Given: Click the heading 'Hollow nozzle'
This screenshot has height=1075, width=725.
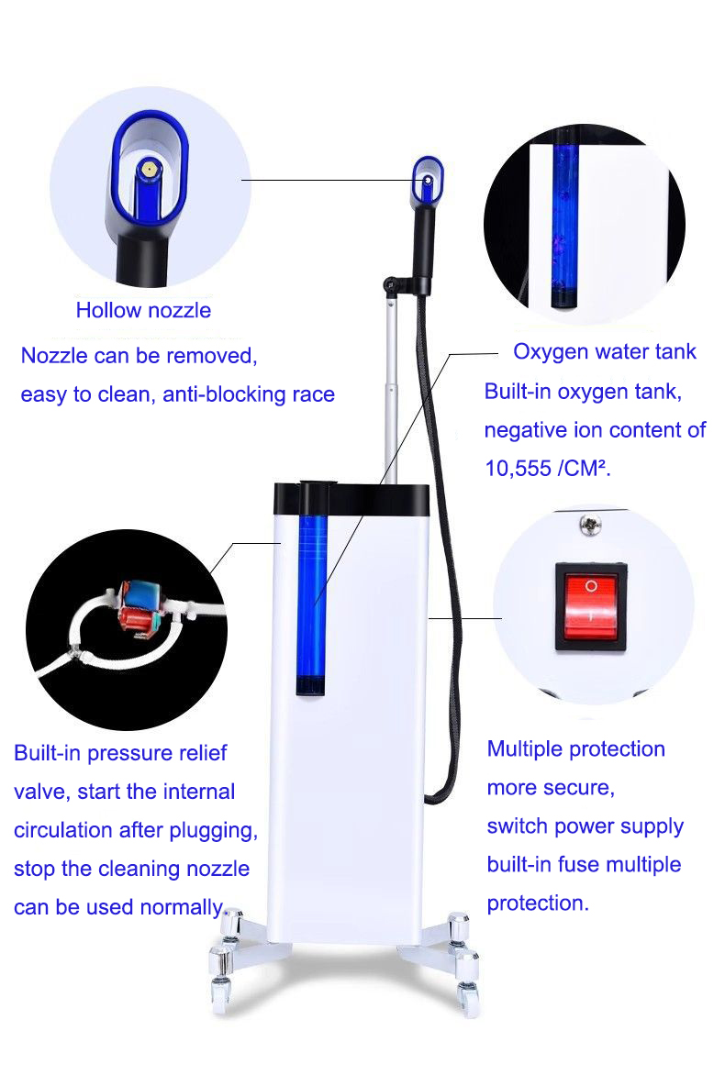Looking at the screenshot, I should [143, 310].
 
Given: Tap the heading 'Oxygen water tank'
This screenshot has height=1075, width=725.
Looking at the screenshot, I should [604, 351].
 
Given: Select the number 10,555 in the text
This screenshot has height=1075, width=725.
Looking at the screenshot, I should [519, 467].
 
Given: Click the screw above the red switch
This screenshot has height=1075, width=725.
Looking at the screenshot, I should [585, 525].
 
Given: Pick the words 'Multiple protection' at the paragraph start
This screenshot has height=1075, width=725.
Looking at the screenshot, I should [575, 748].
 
